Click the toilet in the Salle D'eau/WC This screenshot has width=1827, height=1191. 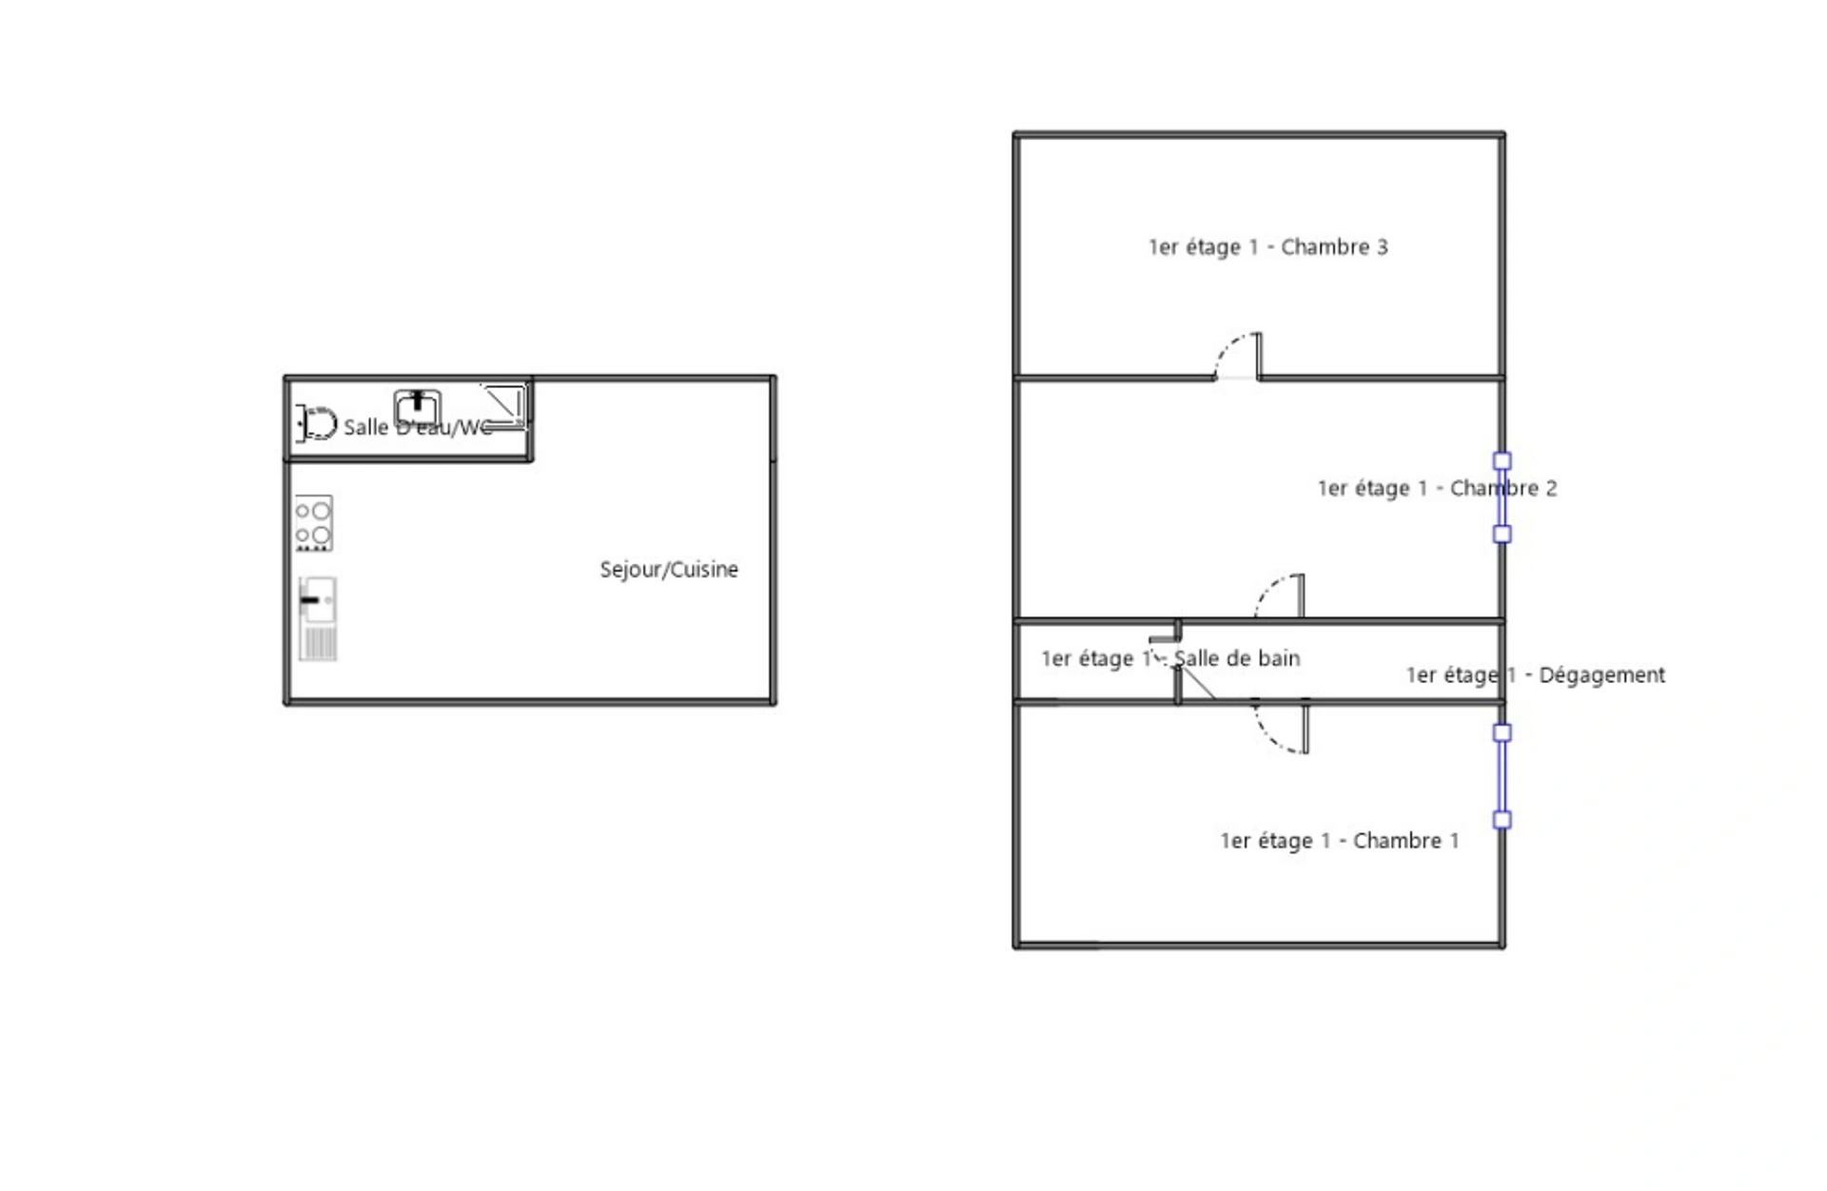318,423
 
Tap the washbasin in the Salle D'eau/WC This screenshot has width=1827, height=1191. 418,407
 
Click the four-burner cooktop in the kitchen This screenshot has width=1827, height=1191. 313,522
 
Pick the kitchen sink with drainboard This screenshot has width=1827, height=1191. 318,618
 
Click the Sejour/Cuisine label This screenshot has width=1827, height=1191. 669,569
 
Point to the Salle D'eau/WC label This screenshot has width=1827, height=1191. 418,427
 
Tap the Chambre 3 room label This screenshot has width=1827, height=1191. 1268,247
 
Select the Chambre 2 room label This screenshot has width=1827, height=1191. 1437,488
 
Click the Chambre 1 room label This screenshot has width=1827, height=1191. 1340,841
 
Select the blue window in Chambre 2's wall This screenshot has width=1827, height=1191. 1502,498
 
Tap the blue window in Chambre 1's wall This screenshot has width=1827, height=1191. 1502,776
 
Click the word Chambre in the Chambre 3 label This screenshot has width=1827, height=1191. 1326,247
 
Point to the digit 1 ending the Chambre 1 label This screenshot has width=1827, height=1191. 1454,841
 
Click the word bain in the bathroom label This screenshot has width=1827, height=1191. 1280,658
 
